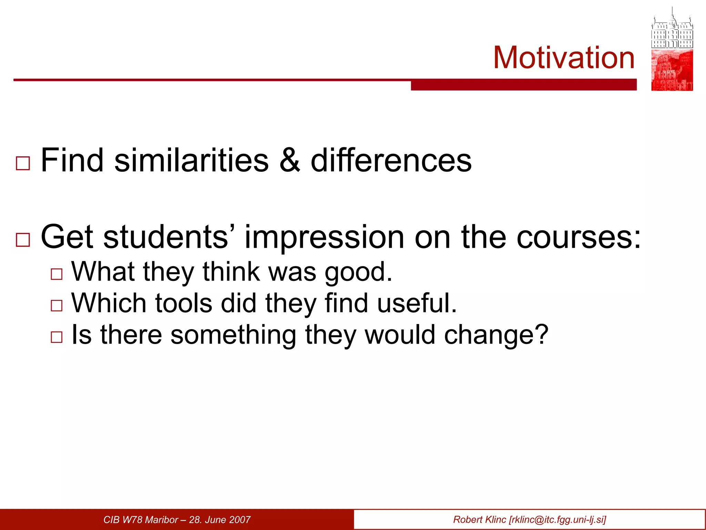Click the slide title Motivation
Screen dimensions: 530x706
pos(564,58)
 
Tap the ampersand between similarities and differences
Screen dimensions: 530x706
pos(290,160)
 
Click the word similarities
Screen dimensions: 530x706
pos(191,160)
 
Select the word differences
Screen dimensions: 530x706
pos(391,160)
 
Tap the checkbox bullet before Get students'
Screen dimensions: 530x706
pos(23,239)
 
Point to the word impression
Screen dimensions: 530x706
pos(324,237)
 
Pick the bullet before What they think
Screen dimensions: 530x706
pos(57,274)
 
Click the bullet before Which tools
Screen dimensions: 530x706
pos(57,306)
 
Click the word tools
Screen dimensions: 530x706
pos(183,303)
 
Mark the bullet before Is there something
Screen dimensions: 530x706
pos(57,337)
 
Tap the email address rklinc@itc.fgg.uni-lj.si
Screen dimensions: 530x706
pos(557,520)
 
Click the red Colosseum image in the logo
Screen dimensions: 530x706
pos(672,70)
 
